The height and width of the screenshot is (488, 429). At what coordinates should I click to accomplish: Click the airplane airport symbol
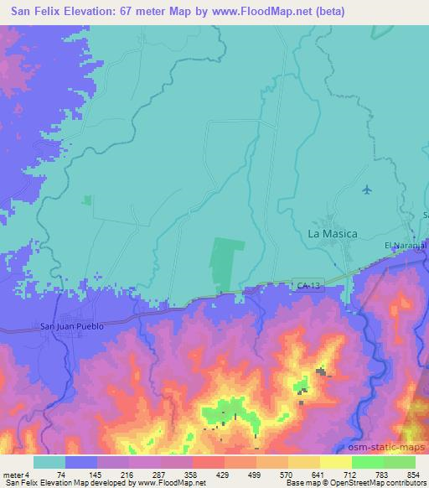367,189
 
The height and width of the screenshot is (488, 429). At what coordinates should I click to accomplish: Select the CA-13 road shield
308,286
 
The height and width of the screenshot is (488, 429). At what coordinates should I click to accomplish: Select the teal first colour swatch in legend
50,462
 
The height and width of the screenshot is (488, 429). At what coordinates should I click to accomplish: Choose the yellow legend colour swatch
335,462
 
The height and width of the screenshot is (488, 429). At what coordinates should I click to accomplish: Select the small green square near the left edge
87,200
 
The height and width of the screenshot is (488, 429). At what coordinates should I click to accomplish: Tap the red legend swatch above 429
209,462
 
